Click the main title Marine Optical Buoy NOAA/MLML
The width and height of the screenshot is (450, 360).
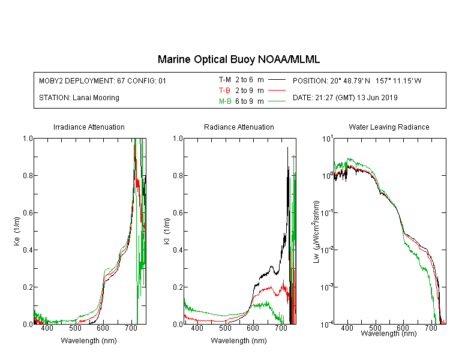click(x=238, y=59)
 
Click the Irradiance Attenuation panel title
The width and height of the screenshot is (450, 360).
click(x=89, y=127)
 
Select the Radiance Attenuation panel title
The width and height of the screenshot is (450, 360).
click(x=239, y=127)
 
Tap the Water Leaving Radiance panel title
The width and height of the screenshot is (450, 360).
click(x=389, y=127)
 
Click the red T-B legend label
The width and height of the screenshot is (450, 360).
click(x=224, y=91)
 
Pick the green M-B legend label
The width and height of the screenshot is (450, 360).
click(x=225, y=101)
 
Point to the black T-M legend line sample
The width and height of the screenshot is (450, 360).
click(x=277, y=80)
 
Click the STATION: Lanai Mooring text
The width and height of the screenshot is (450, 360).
click(x=79, y=98)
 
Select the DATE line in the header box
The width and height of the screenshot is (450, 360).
click(x=345, y=98)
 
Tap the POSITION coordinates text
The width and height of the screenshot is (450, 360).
click(x=357, y=80)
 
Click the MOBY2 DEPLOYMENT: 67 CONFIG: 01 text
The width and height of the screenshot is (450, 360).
click(x=103, y=80)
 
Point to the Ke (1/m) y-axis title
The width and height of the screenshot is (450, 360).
click(x=17, y=232)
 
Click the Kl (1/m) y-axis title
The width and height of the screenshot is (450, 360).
click(x=166, y=232)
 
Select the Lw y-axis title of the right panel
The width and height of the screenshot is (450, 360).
click(x=316, y=232)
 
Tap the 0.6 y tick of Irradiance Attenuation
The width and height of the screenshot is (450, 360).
click(x=28, y=213)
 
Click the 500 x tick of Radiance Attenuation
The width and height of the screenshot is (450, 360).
click(x=225, y=328)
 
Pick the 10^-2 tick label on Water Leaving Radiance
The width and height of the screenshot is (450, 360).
click(x=327, y=249)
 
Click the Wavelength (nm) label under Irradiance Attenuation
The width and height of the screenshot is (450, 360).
click(x=89, y=341)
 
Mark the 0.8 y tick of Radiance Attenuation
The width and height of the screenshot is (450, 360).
click(x=178, y=175)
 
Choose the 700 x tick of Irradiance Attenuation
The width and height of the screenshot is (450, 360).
click(x=131, y=328)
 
